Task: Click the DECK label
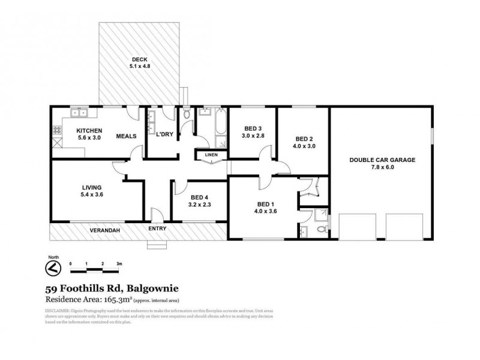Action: coord(139,59)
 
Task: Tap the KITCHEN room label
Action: coord(89,131)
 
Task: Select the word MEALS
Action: coord(126,136)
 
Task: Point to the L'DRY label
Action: coord(164,134)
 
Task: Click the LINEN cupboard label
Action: coord(212,155)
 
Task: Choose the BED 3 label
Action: coord(253,128)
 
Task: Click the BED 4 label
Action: coord(199,197)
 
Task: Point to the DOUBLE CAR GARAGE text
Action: coord(382,160)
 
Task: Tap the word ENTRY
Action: coord(157,229)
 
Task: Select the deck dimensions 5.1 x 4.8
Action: coord(139,66)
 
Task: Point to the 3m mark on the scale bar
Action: coord(120,263)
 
